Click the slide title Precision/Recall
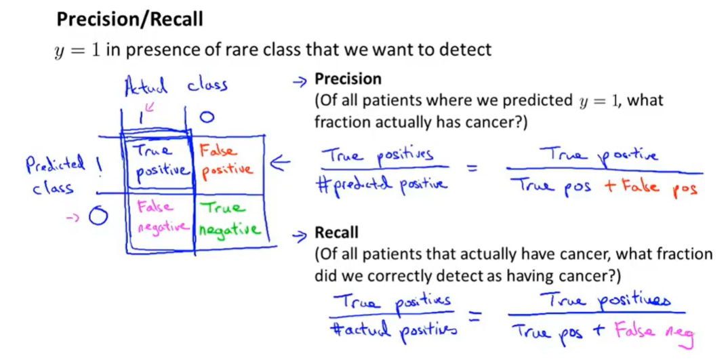pyautogui.click(x=129, y=20)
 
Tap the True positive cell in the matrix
pyautogui.click(x=159, y=161)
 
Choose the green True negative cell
pyautogui.click(x=228, y=218)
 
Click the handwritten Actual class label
pyautogui.click(x=176, y=86)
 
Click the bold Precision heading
pyautogui.click(x=348, y=79)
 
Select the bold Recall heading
pyautogui.click(x=337, y=233)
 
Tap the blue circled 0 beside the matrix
pyautogui.click(x=98, y=216)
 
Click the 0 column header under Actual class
pyautogui.click(x=207, y=117)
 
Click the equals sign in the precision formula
pyautogui.click(x=472, y=169)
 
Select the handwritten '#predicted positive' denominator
pyautogui.click(x=382, y=186)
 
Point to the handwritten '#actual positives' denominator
pyautogui.click(x=393, y=332)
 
